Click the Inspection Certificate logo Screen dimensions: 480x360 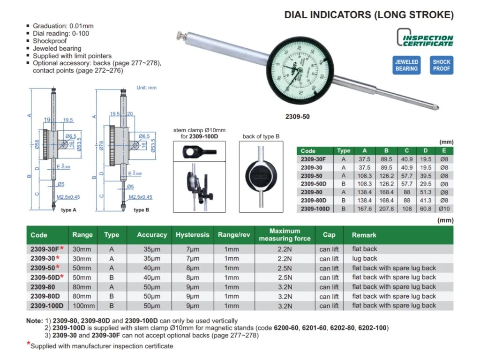point(426,37)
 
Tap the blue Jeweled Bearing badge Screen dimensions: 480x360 point(406,65)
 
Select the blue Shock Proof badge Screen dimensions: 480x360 point(441,65)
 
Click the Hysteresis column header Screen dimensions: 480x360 point(192,235)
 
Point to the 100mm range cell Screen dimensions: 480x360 point(82,306)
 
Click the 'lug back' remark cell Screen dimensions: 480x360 point(365,258)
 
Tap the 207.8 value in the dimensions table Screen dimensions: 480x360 point(387,209)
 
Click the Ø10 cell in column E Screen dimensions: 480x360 point(444,209)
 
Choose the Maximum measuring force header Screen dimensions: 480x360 point(285,235)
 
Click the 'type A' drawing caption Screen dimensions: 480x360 point(68,210)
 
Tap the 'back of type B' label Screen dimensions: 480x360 point(261,136)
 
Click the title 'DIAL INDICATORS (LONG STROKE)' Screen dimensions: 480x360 point(369,15)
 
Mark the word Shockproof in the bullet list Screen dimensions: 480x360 point(50,41)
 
